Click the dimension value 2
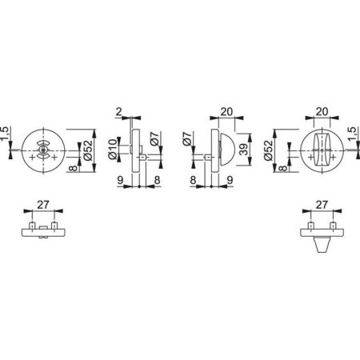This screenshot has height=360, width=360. click(119, 112)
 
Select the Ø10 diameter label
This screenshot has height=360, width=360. click(113, 150)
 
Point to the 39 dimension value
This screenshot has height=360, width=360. click(244, 149)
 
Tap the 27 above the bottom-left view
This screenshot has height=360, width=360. click(43, 205)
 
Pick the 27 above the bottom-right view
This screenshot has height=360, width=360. click(322, 205)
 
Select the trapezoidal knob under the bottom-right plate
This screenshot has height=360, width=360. click(322, 244)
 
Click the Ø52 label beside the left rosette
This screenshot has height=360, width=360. click(88, 150)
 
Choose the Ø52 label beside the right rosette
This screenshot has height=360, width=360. click(269, 150)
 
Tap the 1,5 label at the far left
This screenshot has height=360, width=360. click(6, 134)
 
